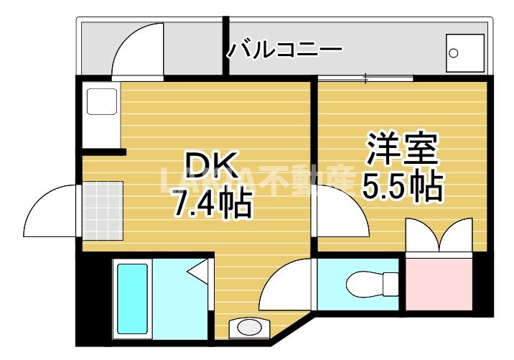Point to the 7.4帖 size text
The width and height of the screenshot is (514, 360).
(x=210, y=204)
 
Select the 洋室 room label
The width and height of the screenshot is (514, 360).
(x=401, y=151)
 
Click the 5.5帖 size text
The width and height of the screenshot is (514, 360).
(x=401, y=186)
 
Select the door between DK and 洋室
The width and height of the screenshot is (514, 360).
(x=340, y=208)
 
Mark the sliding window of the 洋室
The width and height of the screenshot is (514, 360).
(x=366, y=77)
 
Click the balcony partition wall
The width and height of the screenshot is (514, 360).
(x=225, y=45)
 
